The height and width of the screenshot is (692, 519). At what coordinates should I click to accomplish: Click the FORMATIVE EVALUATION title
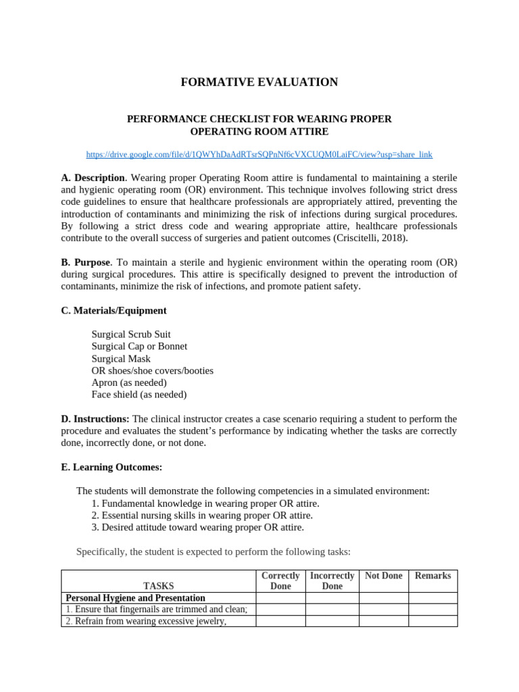259,82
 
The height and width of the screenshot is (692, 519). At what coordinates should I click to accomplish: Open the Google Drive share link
259,154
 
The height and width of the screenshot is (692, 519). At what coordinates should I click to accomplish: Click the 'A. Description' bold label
92,178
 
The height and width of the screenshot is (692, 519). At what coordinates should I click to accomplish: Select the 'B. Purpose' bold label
86,262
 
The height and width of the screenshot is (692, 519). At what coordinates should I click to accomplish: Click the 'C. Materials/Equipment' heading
114,311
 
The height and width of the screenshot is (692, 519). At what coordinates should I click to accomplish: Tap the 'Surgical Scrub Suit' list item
131,335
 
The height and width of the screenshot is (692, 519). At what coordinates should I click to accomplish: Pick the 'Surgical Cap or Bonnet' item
139,346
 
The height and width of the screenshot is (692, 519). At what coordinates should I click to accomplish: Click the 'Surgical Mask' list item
121,359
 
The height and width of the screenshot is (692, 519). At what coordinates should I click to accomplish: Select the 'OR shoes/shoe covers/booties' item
152,370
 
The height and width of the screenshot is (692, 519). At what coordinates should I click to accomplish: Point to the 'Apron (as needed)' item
129,382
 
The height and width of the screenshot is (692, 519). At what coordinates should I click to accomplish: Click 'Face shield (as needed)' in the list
139,395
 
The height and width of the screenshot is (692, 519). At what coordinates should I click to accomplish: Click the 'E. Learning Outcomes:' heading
112,467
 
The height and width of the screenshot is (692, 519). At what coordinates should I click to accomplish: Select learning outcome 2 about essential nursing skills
201,516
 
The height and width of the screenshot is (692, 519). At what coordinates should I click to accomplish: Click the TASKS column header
158,586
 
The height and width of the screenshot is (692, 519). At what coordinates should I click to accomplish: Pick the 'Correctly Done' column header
280,580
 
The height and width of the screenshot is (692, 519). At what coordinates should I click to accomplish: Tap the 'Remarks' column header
432,576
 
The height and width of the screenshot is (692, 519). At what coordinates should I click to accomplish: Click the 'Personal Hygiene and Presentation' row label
135,598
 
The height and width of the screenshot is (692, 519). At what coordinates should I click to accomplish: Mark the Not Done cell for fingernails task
383,610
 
